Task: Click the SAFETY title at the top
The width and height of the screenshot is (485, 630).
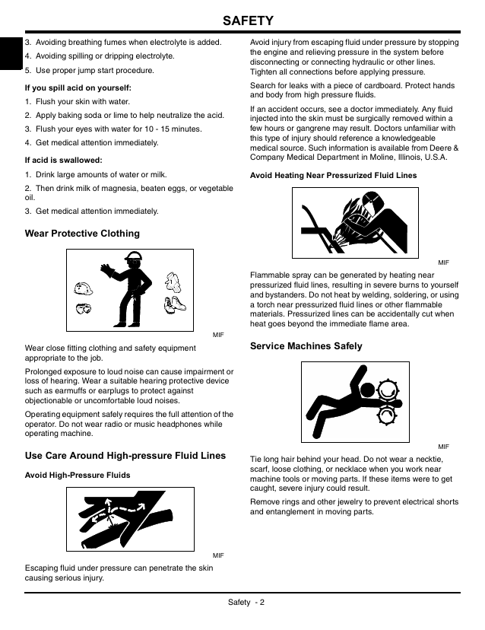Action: click(248, 21)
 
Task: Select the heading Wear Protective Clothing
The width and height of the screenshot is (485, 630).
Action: click(82, 234)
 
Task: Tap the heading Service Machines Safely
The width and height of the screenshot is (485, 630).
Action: click(306, 346)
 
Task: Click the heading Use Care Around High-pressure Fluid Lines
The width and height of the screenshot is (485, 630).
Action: click(125, 456)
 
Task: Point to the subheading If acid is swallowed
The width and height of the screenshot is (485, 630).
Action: click(63, 161)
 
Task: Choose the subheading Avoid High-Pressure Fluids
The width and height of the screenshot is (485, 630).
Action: click(78, 476)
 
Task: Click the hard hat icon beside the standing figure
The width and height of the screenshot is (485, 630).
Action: click(83, 288)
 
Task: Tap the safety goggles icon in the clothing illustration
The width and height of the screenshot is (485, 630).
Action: click(84, 309)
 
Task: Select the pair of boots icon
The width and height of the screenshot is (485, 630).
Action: click(175, 304)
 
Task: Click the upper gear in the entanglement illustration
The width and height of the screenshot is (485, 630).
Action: click(388, 390)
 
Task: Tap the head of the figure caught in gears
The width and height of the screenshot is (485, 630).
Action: click(367, 390)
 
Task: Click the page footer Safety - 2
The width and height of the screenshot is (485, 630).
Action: click(246, 602)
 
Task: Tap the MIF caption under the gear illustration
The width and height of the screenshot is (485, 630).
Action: click(444, 447)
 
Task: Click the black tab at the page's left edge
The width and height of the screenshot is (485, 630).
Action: click(11, 53)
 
